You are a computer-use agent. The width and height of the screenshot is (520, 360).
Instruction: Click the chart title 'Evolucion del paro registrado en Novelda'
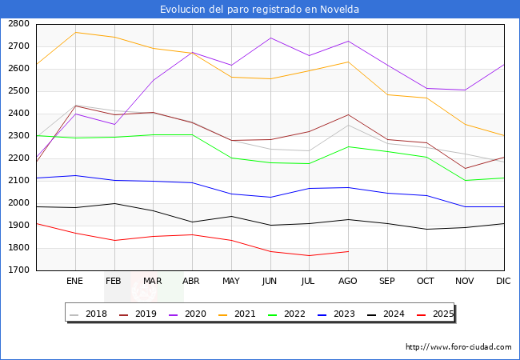[x=259, y=10]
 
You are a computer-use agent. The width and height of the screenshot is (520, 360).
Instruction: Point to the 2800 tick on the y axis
[x=18, y=24]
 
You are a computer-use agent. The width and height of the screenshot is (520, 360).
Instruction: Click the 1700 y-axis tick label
[x=18, y=270]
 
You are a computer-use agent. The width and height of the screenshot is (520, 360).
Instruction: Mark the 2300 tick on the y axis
[x=18, y=136]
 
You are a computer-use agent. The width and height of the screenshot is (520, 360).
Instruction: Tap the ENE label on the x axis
[x=75, y=282]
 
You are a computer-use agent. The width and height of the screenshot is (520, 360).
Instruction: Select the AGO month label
[x=348, y=282]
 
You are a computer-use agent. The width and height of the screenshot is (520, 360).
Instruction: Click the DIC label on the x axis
[x=503, y=282]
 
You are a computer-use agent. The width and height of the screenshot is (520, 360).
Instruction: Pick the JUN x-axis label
[x=270, y=282]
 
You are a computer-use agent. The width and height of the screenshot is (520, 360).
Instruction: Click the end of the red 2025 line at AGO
[x=348, y=251]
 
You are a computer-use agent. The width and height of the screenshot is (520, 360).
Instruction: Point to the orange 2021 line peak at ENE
[x=75, y=32]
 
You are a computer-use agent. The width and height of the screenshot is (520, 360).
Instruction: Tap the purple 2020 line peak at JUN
[x=270, y=38]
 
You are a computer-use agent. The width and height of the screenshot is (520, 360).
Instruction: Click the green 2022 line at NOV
[x=465, y=180]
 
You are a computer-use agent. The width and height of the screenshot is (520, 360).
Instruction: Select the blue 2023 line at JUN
[x=270, y=197]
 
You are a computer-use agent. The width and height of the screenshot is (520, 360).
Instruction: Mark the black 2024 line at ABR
[x=192, y=222]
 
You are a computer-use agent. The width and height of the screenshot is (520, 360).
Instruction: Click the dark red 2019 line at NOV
[x=465, y=168]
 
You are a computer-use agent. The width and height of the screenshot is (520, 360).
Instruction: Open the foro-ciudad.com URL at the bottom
[x=458, y=347]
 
